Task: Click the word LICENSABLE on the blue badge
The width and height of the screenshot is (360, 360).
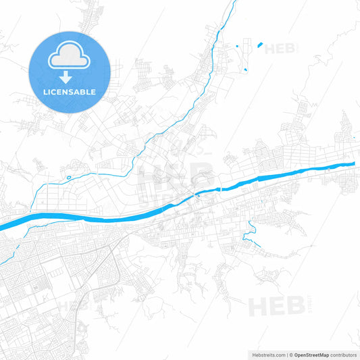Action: pos(70,91)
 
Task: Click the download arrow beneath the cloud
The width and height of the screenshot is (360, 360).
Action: pos(70,74)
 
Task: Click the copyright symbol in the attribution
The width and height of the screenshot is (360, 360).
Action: pos(292,355)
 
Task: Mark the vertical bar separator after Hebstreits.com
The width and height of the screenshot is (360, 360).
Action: pos(287,355)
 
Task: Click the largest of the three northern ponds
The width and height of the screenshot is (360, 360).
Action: pos(259,45)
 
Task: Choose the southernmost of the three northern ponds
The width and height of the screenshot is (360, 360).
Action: pos(247,70)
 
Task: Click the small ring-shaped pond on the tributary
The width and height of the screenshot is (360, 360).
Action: pos(68,178)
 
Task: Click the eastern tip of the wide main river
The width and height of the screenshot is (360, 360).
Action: pos(353,163)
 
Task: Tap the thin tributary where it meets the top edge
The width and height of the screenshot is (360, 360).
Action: pos(234,2)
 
